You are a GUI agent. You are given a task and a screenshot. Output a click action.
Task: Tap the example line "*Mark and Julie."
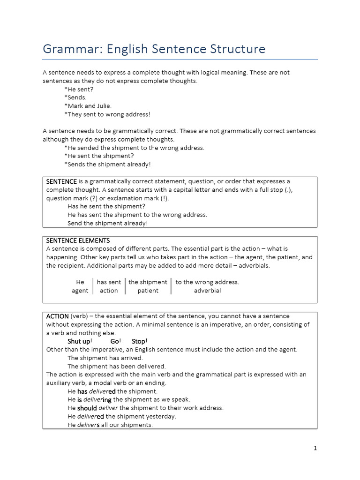(x=88, y=106)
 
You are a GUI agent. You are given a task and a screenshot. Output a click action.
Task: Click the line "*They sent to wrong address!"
(x=107, y=114)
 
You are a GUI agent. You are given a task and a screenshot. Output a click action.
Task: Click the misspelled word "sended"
(x=88, y=148)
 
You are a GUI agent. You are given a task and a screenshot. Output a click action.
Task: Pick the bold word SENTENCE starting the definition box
(x=61, y=181)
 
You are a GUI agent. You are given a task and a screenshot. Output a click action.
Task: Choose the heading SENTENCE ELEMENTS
(x=78, y=240)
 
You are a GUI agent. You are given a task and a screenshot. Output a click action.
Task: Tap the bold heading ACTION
(x=57, y=316)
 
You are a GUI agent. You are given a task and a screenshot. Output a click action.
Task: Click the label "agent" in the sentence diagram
(x=80, y=291)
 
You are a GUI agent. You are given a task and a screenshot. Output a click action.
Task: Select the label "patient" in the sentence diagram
(x=148, y=291)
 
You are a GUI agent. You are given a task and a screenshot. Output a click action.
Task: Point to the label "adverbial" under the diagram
(x=207, y=291)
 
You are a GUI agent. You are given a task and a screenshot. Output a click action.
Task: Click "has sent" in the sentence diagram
(x=109, y=282)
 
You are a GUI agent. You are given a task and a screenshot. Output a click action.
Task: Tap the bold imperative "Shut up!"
(x=80, y=341)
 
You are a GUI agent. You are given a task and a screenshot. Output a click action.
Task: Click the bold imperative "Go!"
(x=116, y=341)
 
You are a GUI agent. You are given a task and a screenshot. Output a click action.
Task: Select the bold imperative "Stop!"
(x=140, y=341)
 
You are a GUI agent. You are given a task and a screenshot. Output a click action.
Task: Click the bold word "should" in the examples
(x=87, y=408)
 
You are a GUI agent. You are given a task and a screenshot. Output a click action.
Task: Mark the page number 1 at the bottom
(x=315, y=448)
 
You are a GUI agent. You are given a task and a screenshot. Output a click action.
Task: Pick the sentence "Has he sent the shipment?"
(x=106, y=206)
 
